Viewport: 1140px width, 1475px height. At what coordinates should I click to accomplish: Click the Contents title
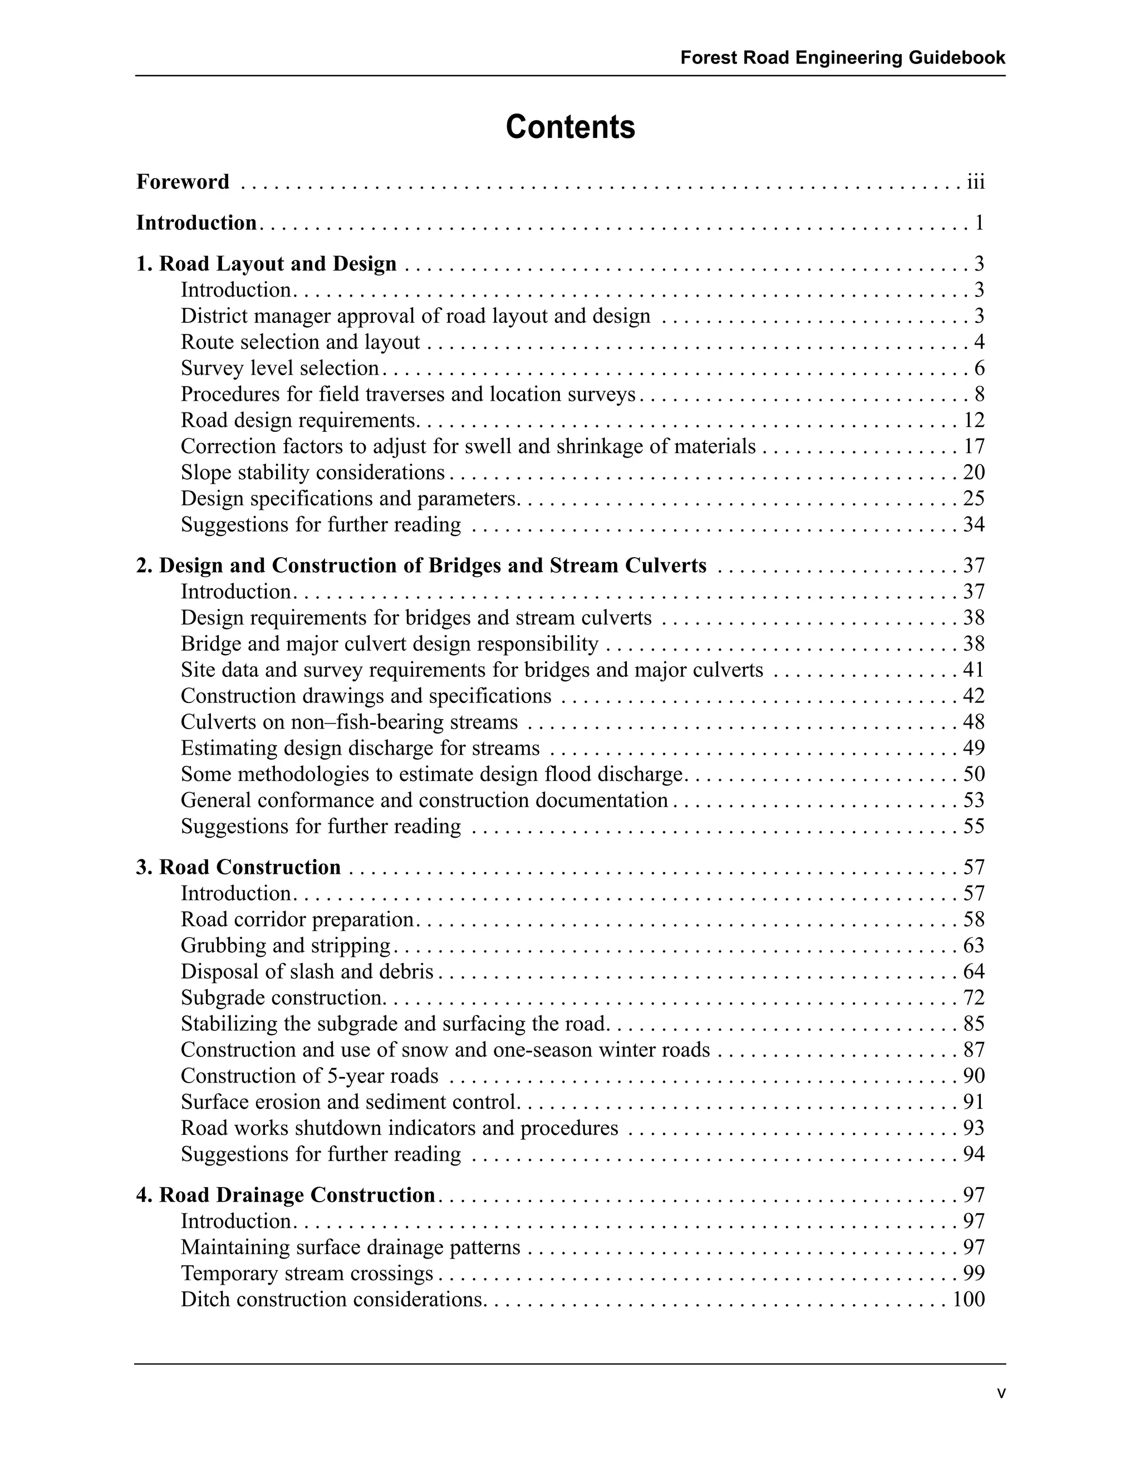click(x=570, y=127)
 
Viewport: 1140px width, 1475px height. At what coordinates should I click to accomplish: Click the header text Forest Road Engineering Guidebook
click(x=842, y=57)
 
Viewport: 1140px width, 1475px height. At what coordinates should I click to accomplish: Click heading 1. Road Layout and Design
click(x=266, y=263)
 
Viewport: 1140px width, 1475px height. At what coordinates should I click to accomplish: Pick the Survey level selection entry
click(x=279, y=368)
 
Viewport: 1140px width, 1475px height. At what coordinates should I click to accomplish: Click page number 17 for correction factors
click(x=974, y=446)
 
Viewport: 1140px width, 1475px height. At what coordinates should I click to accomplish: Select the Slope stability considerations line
click(x=313, y=472)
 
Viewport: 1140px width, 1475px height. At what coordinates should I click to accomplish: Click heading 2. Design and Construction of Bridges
click(x=421, y=566)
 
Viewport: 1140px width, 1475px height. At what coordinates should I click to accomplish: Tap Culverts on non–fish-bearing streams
click(x=349, y=722)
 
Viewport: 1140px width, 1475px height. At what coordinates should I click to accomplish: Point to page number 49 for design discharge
click(x=974, y=748)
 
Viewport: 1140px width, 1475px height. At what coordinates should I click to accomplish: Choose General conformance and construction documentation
click(x=424, y=800)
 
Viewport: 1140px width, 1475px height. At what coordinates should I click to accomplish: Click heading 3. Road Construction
click(x=238, y=867)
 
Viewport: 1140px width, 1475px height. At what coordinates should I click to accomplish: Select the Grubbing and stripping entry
click(x=286, y=946)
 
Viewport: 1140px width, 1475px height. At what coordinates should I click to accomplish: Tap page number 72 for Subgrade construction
click(x=974, y=997)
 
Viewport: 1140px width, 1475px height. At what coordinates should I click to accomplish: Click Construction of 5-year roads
click(x=309, y=1076)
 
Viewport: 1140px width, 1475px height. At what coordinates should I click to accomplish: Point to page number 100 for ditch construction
click(x=969, y=1300)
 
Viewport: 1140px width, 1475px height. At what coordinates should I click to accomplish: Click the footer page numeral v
click(x=1001, y=1393)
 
